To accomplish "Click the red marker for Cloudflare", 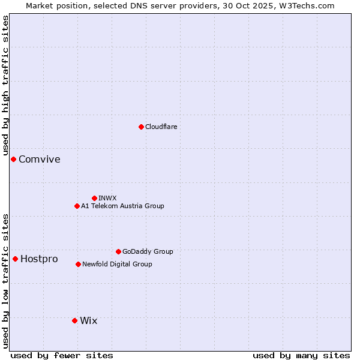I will (141, 127).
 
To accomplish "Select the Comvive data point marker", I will (13, 159).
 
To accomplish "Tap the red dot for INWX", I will (94, 198).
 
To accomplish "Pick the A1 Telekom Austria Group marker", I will (77, 206).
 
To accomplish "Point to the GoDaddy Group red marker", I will (118, 251).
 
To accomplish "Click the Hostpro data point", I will (15, 259).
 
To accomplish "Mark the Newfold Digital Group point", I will (78, 264).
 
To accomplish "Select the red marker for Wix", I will (74, 320).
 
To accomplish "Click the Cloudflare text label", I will (161, 127).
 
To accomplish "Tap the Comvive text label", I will (39, 159).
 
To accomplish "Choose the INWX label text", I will (107, 198).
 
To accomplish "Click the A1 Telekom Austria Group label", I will (122, 206).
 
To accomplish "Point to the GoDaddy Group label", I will (148, 251).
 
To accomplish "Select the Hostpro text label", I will (39, 259).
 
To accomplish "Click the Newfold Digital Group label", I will (117, 264).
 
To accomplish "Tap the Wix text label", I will (88, 320).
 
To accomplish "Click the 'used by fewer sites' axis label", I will (62, 355).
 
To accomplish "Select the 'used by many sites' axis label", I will (301, 355).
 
